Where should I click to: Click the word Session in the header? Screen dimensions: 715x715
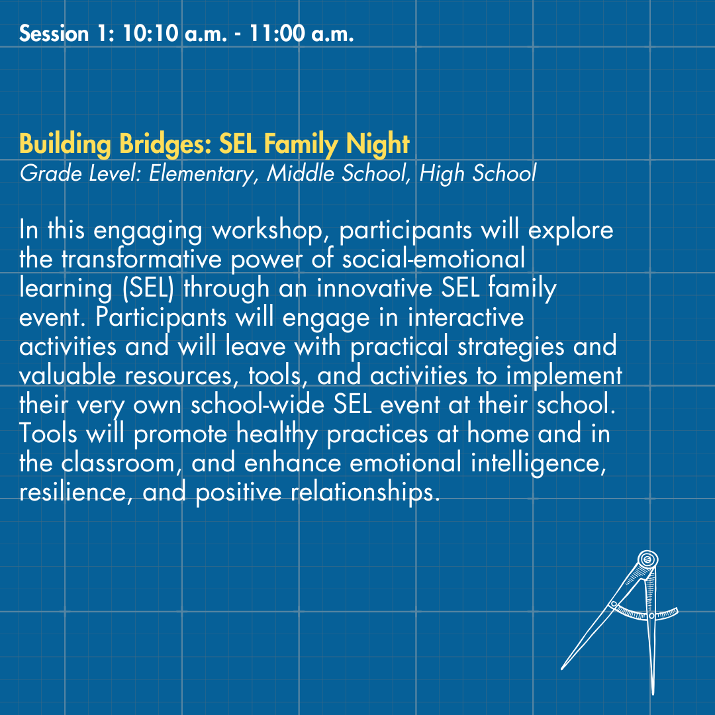[x=54, y=34]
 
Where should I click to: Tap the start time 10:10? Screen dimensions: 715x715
[x=150, y=34]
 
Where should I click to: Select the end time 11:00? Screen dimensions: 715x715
[x=277, y=34]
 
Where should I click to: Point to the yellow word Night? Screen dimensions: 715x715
[x=377, y=144]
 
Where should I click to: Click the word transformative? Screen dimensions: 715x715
[x=142, y=259]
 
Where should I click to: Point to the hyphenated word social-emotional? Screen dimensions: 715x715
[x=434, y=259]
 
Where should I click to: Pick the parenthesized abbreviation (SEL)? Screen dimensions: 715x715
[x=148, y=288]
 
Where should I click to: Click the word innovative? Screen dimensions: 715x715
[x=374, y=288]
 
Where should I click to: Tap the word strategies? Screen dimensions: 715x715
[x=510, y=346]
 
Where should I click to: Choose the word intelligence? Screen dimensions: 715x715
[x=538, y=463]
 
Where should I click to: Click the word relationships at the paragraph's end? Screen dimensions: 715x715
[x=363, y=493]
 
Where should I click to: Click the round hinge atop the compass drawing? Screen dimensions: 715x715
[x=647, y=559]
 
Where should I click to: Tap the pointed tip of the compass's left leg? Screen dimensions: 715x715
[x=562, y=669]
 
